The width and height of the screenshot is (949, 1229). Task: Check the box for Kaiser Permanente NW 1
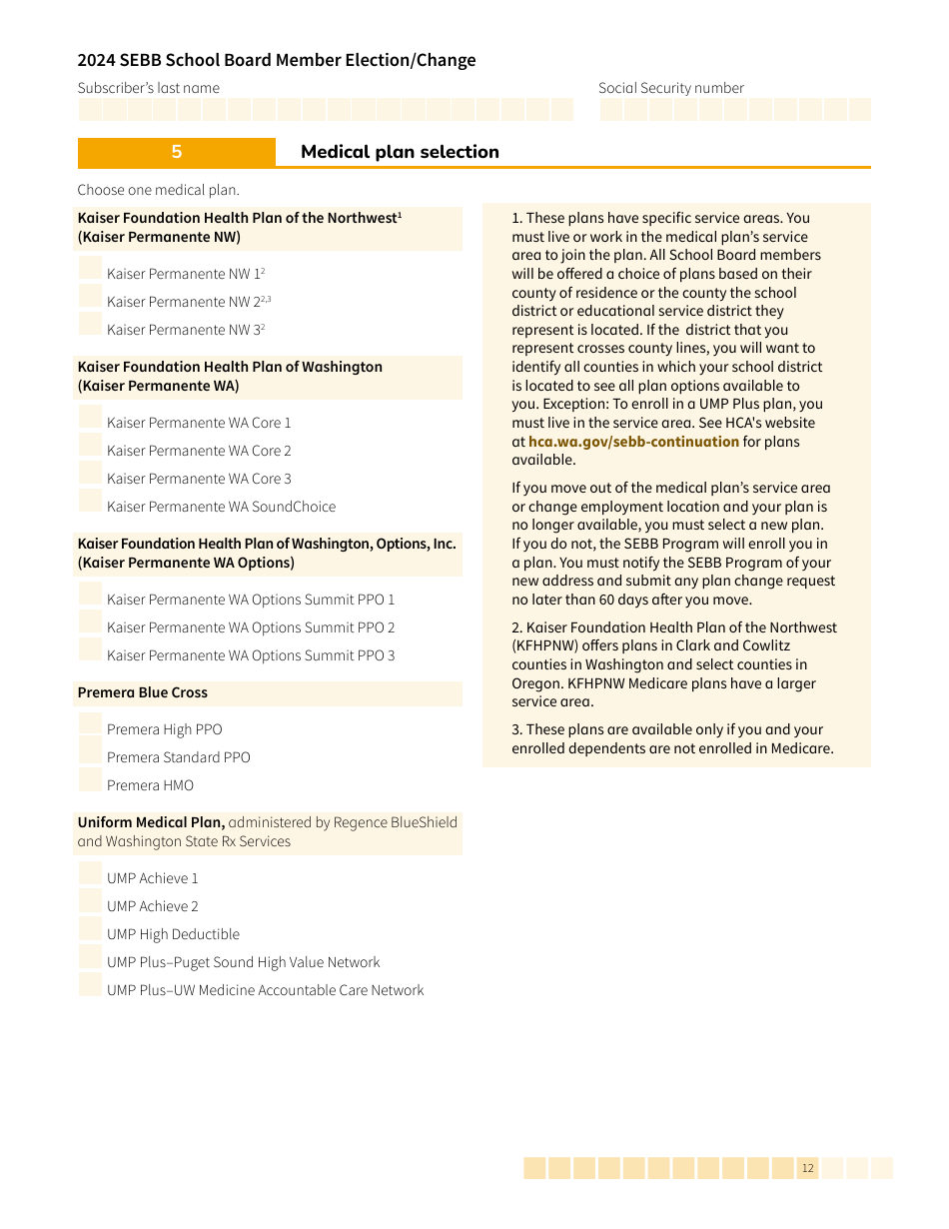tap(90, 269)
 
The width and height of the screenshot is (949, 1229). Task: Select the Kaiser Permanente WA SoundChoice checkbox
tap(90, 502)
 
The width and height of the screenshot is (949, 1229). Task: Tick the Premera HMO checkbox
tap(90, 780)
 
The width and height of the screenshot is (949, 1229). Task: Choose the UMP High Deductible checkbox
tap(90, 929)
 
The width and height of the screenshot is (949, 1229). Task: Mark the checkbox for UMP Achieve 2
tap(90, 901)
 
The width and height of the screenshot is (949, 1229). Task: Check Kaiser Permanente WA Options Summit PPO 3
tap(90, 650)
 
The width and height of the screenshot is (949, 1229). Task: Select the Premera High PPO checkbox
tap(90, 724)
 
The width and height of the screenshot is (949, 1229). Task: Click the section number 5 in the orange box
tap(177, 152)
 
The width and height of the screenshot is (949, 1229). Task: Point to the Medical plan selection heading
tap(400, 152)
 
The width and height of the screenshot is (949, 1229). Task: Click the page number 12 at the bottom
tap(807, 1168)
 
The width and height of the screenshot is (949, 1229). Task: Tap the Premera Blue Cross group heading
tap(143, 692)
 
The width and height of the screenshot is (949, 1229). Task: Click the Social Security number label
tap(670, 88)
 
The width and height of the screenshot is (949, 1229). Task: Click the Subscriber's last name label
tap(148, 88)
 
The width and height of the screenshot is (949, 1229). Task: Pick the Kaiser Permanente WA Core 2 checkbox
tap(90, 446)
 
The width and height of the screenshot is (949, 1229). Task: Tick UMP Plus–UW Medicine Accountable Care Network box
tap(90, 985)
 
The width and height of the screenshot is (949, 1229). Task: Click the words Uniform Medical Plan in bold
tap(151, 822)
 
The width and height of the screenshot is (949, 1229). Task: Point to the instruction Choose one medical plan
tap(158, 190)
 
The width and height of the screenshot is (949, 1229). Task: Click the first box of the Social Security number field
tap(611, 110)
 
